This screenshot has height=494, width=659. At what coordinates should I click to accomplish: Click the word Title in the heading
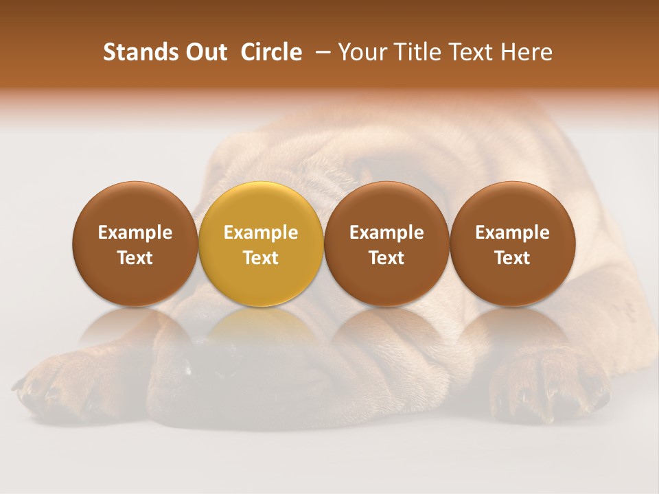[x=415, y=53]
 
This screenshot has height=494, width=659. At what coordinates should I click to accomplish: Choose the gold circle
[x=261, y=244]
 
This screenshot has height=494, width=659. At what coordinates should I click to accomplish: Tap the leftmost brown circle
[x=135, y=244]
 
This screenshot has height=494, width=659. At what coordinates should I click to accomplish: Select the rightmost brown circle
[x=512, y=244]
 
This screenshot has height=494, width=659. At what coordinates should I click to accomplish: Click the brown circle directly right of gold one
[x=386, y=244]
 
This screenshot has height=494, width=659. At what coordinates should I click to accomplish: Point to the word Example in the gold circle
[x=261, y=233]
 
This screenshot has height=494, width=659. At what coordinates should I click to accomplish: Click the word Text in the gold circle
[x=261, y=258]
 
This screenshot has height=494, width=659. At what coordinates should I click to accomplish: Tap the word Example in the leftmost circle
[x=135, y=233]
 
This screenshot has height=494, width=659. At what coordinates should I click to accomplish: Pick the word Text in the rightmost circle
[x=512, y=258]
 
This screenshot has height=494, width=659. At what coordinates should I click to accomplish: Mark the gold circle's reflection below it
[x=261, y=333]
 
